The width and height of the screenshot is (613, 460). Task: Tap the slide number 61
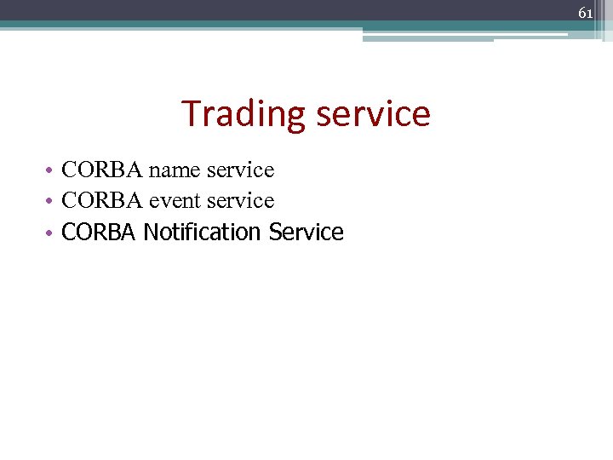tap(585, 13)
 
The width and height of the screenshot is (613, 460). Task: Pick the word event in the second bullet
tap(174, 201)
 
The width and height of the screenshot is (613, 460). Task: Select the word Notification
tap(203, 232)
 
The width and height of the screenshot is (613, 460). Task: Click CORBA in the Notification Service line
tap(98, 232)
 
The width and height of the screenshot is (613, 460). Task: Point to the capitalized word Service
tap(306, 232)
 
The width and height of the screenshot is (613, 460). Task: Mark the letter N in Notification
tap(150, 232)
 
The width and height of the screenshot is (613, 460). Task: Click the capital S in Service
tap(274, 232)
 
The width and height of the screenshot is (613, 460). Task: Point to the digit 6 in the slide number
tap(581, 13)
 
